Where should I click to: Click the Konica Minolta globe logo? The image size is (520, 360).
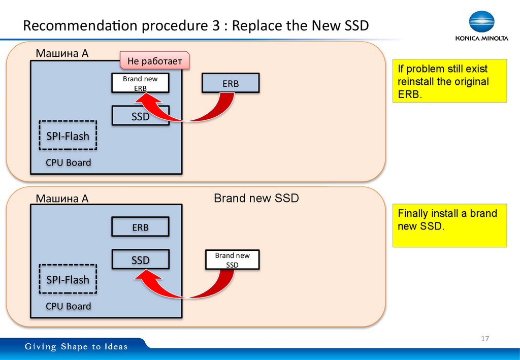tap(481, 22)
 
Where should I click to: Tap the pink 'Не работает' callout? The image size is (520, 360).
tap(154, 61)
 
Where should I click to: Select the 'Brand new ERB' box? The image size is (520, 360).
tap(140, 83)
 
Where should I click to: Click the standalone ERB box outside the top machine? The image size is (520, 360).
tap(230, 83)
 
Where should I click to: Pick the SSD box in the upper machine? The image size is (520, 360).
tap(140, 116)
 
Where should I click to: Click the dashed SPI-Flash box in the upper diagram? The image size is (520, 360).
tap(68, 136)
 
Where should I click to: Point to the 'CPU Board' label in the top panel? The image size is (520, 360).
tap(68, 163)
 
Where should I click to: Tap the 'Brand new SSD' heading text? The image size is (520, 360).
tap(256, 199)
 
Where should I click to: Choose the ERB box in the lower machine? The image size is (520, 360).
tap(140, 227)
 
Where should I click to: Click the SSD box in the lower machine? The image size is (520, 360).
tap(140, 260)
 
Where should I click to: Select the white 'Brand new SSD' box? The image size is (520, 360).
tap(232, 260)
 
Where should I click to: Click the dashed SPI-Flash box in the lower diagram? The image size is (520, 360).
tap(68, 280)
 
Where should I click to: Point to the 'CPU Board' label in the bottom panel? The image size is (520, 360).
tap(68, 306)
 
